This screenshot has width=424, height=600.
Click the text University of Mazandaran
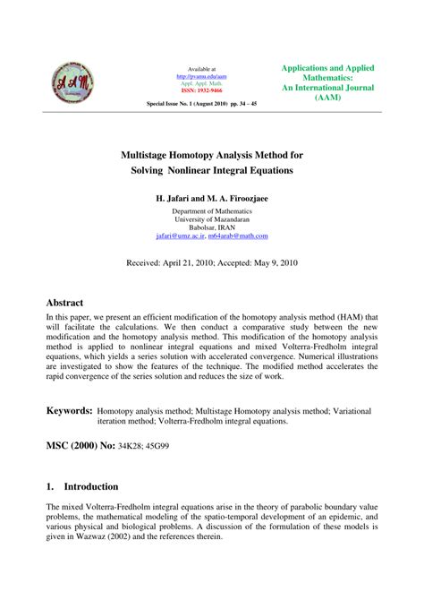212,219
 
